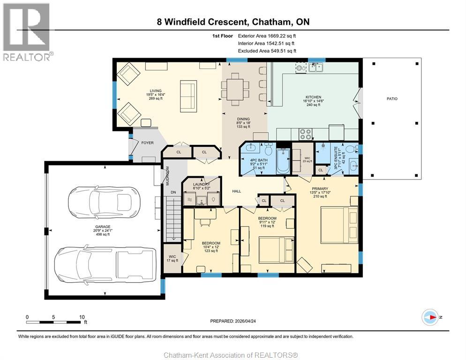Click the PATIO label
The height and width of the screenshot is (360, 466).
(391, 99)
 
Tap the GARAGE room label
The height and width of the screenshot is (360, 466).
(103, 226)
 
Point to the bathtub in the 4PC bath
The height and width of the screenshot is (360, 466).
(284, 162)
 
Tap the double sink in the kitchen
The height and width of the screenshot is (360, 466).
(315, 68)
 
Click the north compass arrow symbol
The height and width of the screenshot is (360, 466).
(429, 317)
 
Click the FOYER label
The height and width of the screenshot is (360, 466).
(147, 143)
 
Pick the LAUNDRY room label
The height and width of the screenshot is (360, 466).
(201, 185)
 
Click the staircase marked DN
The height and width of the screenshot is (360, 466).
(172, 210)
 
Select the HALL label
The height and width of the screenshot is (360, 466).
(236, 191)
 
